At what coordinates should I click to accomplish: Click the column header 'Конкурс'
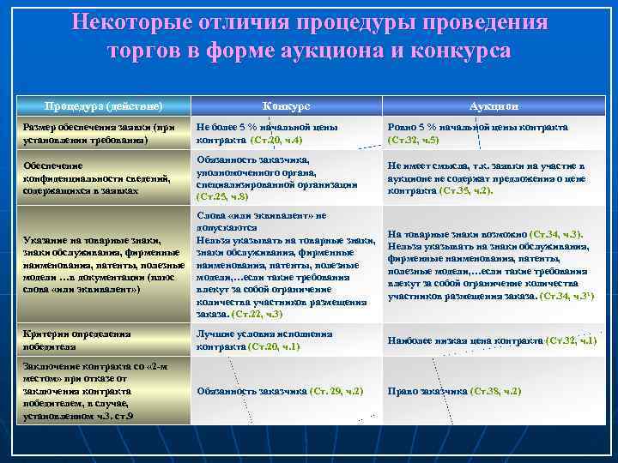click(x=287, y=105)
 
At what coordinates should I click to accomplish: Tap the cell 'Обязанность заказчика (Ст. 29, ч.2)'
click(x=280, y=391)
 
